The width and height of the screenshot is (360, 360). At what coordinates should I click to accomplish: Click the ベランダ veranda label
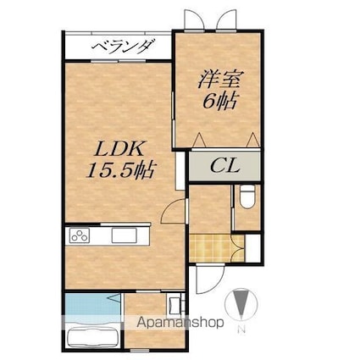coord(124,46)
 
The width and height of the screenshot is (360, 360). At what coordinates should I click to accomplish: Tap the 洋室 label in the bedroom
coord(219,80)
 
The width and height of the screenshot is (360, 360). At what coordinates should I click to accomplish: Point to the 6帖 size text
coord(219,101)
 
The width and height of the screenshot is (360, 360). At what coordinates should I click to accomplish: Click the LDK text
coord(119,149)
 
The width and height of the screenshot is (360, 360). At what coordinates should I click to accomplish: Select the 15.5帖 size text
coord(121,170)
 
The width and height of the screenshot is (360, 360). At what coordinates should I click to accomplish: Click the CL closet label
coord(224,166)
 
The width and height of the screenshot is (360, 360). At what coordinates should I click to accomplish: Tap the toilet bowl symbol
coord(247,197)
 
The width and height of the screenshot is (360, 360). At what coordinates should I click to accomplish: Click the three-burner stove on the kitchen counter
coord(80,235)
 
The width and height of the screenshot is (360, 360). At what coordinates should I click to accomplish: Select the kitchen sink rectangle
coord(124,235)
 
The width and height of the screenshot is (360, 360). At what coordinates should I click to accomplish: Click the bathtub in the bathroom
coord(92,338)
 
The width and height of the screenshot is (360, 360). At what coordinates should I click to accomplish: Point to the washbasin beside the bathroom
coord(175,305)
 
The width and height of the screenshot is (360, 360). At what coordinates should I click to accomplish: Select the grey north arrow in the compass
coord(241,303)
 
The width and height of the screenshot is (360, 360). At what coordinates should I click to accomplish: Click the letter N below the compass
coord(241,330)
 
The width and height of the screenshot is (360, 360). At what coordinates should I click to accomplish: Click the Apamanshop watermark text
coord(180,323)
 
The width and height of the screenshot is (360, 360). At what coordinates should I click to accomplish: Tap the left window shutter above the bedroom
coord(194,19)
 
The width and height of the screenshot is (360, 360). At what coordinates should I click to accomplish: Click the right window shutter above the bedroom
coord(226,19)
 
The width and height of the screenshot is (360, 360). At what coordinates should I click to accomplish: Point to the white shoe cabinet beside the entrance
coord(252,248)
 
